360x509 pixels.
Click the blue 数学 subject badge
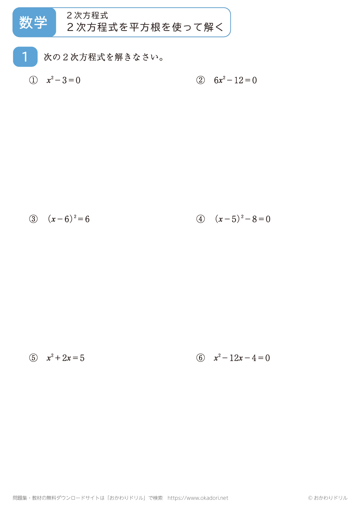pos(34,22)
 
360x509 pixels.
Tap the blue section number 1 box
pos(25,57)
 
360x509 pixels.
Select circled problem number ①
pos(33,80)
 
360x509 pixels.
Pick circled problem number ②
pos(201,80)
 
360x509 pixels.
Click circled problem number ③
pos(33,219)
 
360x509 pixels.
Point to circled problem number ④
pos(201,219)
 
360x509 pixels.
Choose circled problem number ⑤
pos(33,358)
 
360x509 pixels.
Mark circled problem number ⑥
pos(201,358)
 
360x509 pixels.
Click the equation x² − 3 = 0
pos(63,80)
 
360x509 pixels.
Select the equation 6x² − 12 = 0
pos(235,80)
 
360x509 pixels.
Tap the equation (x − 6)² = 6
pos(68,219)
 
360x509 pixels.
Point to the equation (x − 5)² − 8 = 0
pos(243,219)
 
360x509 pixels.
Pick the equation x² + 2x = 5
pos(66,358)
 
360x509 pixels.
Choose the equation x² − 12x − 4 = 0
pos(242,358)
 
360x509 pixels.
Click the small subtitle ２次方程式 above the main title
pos(87,15)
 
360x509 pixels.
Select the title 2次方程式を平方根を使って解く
pos(145,27)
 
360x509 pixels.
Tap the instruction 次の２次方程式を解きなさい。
pos(104,57)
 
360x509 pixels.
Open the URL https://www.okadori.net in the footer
pos(198,498)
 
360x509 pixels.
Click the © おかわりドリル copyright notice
pos(328,498)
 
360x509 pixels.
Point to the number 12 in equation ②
pos(239,80)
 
